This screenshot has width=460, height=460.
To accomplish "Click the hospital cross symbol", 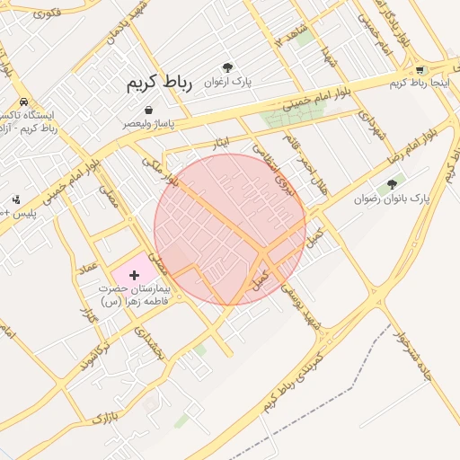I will [x=135, y=272].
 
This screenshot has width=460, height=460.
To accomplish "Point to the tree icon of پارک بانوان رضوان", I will [x=391, y=184].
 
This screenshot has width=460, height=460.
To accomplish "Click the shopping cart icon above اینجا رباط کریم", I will [x=420, y=70].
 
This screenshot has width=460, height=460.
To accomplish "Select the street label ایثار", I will [x=220, y=143].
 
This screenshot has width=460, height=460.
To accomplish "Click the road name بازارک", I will [x=103, y=415].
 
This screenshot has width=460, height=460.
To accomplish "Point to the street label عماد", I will [x=87, y=268].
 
